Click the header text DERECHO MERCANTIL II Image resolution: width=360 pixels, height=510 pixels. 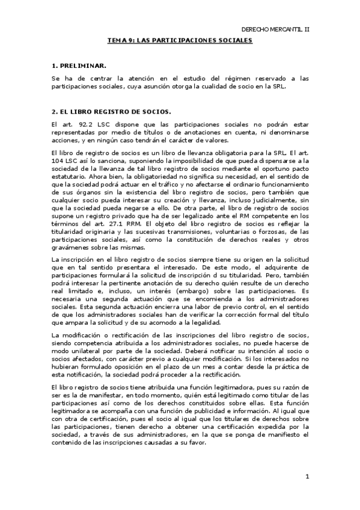pos(275,29)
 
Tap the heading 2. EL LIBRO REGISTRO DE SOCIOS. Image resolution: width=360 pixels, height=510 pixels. pos(111,111)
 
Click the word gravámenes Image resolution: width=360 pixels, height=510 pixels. pos(71,248)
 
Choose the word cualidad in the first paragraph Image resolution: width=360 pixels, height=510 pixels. pos(223,86)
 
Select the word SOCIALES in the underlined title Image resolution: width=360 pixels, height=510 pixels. pos(234,40)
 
